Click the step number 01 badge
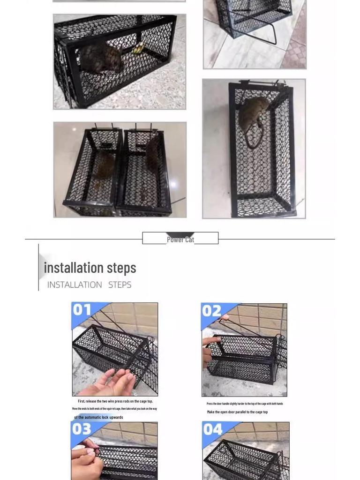pos(82,310)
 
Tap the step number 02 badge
pos(212,311)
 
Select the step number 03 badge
pos(82,429)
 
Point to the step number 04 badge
pos(213,429)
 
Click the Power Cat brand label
pos(180,240)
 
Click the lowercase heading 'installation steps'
pos(90,268)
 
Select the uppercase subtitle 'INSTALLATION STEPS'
pos(89,285)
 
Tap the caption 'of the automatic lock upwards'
pos(98,417)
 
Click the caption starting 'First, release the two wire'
pos(115,401)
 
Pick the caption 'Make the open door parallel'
pos(237,412)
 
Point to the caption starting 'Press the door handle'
pos(245,404)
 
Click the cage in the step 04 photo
pos(244,459)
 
